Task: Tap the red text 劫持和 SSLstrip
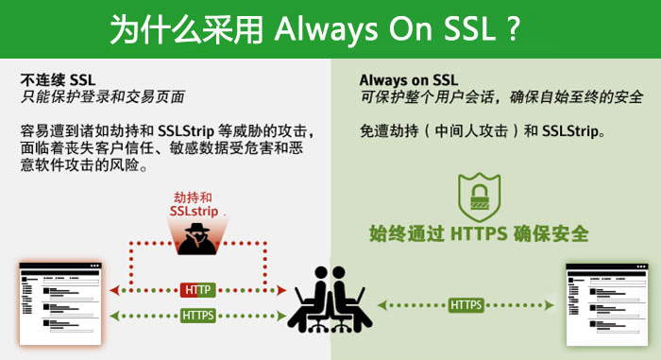click(197, 206)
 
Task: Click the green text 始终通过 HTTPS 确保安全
click(479, 232)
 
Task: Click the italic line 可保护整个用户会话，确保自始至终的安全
click(501, 96)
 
